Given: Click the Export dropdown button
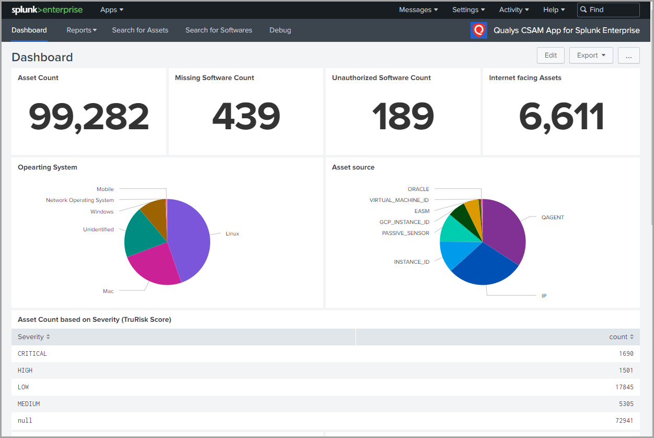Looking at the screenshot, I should [591, 55].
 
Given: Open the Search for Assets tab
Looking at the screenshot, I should [140, 30].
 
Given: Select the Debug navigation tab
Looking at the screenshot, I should [280, 30].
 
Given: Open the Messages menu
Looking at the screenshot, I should [418, 10].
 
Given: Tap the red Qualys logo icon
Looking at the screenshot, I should [478, 30].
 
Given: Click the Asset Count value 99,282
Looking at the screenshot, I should [89, 116].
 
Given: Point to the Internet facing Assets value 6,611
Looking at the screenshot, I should [561, 116].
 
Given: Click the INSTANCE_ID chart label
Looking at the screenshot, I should [411, 262].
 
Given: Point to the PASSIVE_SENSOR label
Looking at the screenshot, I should [405, 233].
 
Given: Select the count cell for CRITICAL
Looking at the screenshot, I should [625, 354].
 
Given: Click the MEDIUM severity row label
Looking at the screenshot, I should [29, 404].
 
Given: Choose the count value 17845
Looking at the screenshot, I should [624, 387].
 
